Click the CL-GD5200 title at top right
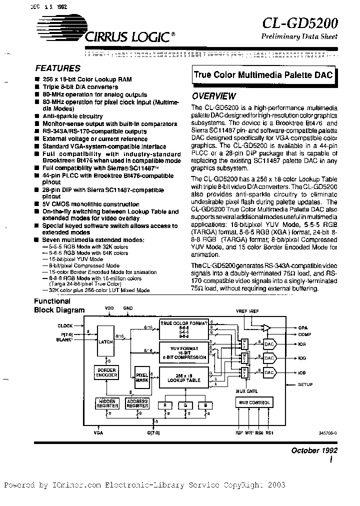[x=300, y=23]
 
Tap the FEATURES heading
[x=58, y=68]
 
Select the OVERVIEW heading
[x=214, y=96]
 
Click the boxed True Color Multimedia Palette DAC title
[x=262, y=74]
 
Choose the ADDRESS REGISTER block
[x=137, y=404]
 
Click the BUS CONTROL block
[x=255, y=402]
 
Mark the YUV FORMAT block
[x=183, y=352]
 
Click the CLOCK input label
[x=65, y=325]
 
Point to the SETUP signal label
[x=305, y=384]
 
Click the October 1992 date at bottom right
[x=314, y=450]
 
